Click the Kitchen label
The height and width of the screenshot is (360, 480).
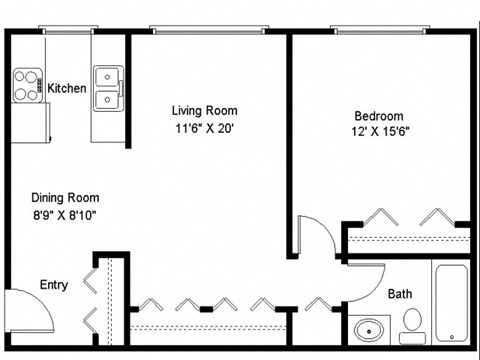tap(67, 89)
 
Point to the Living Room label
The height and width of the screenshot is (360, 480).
tap(205, 110)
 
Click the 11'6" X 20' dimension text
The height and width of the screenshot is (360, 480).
tap(205, 127)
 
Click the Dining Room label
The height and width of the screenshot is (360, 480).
tap(64, 197)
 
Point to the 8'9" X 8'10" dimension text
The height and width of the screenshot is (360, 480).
tap(64, 214)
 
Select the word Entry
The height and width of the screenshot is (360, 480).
tap(53, 285)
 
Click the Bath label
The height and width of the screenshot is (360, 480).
tap(400, 294)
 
